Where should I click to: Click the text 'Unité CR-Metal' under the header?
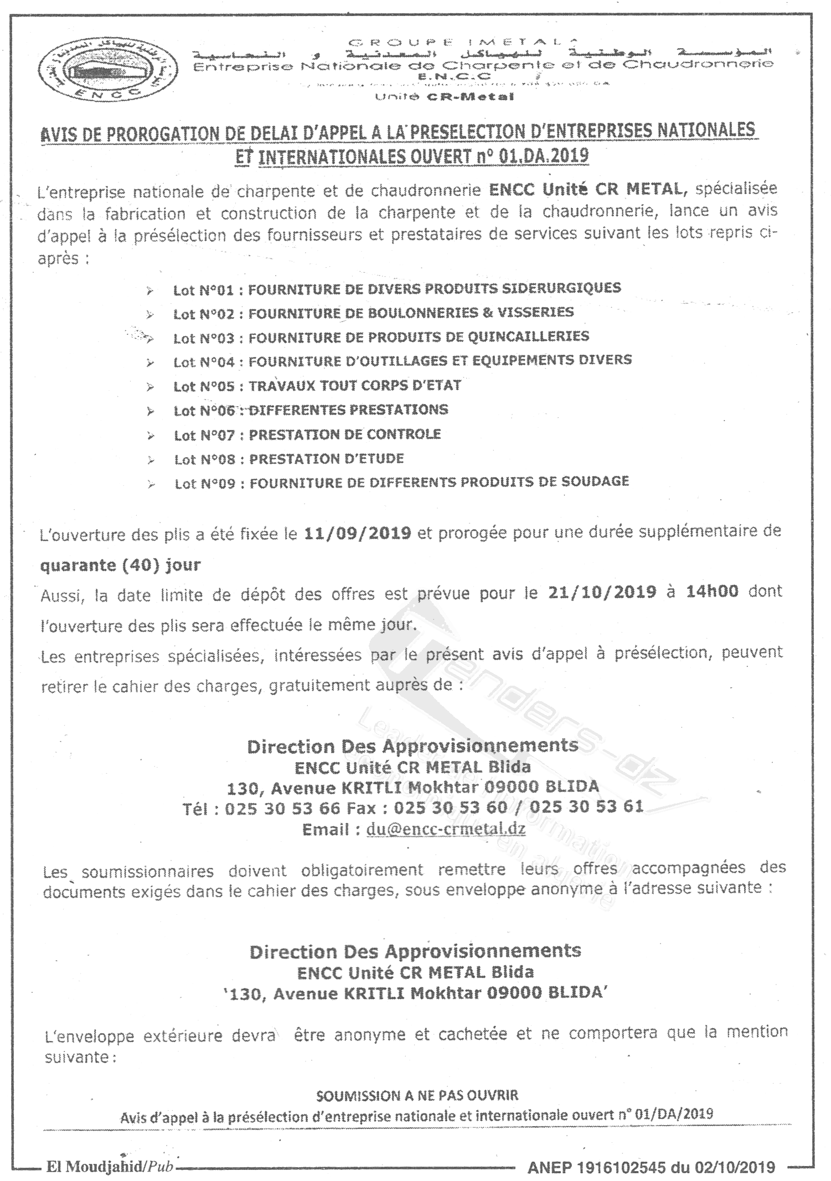coord(445,97)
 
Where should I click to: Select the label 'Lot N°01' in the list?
coord(203,290)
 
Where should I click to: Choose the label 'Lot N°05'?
coord(204,386)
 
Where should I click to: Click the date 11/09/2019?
coord(358,533)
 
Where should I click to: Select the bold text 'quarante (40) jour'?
coord(121,565)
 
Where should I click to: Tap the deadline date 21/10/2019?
coord(602,592)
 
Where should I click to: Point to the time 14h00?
coord(712,591)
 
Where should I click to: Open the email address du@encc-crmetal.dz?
coord(446,830)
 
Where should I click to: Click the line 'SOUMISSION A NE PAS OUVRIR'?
coord(417,1095)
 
